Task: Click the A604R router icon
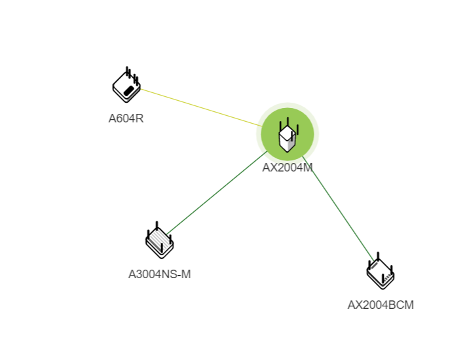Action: click(126, 85)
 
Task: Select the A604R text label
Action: click(126, 118)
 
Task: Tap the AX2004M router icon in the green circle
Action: click(288, 135)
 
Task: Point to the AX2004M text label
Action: click(288, 168)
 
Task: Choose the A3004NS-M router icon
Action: click(160, 240)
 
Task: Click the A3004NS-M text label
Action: click(159, 274)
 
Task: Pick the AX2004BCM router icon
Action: click(381, 271)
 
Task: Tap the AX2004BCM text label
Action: click(381, 305)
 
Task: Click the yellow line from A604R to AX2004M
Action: click(201, 107)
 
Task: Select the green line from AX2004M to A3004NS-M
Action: click(217, 193)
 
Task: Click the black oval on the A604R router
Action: click(128, 91)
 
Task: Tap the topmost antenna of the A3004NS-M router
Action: click(157, 226)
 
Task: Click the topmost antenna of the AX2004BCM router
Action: click(378, 257)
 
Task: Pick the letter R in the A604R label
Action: click(140, 118)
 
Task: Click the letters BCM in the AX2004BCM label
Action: click(401, 305)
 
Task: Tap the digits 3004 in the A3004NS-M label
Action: click(147, 274)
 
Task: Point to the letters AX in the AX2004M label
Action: click(270, 168)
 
